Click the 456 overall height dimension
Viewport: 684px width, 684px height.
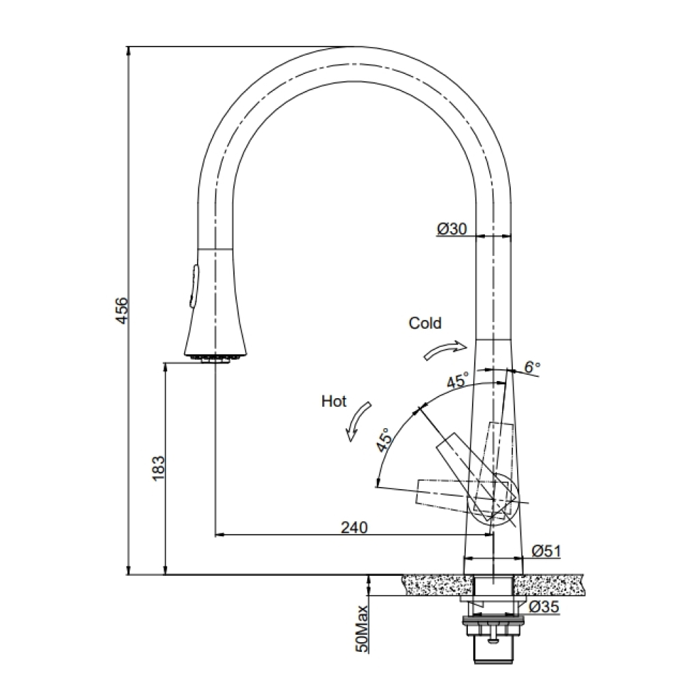[x=123, y=310]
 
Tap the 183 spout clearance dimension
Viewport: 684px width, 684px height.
[x=159, y=468]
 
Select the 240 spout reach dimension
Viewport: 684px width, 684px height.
[x=354, y=528]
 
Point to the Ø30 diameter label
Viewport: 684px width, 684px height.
[x=452, y=228]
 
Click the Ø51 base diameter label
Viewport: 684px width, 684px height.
[x=546, y=551]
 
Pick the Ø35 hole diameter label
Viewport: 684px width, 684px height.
[x=544, y=607]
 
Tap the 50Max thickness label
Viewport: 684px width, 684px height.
[x=362, y=629]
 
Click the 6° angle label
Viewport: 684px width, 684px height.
[x=531, y=367]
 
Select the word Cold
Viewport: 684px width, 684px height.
[x=425, y=324]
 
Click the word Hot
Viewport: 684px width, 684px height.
[x=334, y=402]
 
